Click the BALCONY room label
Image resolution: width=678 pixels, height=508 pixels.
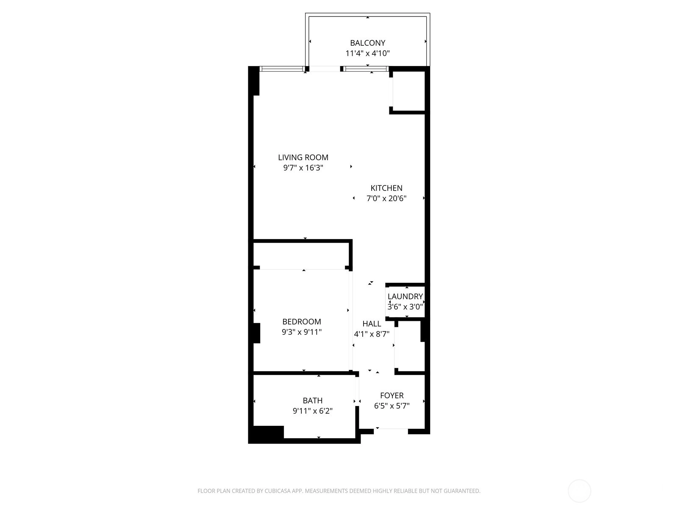(x=367, y=43)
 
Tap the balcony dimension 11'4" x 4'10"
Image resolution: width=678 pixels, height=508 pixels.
(x=367, y=53)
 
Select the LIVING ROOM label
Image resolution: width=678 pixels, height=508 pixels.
(x=303, y=157)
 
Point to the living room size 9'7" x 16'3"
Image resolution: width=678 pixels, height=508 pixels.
(x=303, y=168)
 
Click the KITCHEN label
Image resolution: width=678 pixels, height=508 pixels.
(x=386, y=188)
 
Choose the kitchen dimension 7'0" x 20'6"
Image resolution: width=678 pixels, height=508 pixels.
(x=386, y=198)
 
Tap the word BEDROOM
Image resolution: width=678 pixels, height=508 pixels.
(x=301, y=321)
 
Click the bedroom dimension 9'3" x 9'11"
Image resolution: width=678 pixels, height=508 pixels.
(x=301, y=332)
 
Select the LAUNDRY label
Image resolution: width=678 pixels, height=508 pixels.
(x=405, y=296)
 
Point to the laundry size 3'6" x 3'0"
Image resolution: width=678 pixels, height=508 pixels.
(x=405, y=306)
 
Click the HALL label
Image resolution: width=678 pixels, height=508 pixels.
(x=372, y=323)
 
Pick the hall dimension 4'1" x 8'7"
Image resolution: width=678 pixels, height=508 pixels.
(x=372, y=334)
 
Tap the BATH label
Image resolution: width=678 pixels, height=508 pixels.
(x=313, y=400)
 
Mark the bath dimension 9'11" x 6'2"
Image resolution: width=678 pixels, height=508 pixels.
(x=313, y=411)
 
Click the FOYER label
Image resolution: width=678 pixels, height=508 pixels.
(x=392, y=395)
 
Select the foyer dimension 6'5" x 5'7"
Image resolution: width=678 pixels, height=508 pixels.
(x=392, y=406)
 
